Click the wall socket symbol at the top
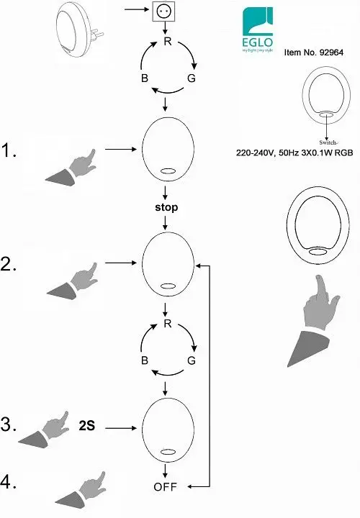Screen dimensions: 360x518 coord(163,12)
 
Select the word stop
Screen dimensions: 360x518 coord(166,207)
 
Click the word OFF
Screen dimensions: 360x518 coord(166,486)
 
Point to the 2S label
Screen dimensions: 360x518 coord(87,425)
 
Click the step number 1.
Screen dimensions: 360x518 coord(9,150)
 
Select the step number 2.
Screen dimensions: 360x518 coord(9,264)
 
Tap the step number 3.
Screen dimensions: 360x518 coord(9,424)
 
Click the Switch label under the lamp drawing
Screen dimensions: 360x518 coord(328,142)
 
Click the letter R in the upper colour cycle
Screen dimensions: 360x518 coord(168,42)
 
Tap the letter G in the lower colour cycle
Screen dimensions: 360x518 coord(192,360)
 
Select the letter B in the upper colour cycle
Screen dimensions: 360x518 coord(145,78)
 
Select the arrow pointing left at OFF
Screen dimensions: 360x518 coord(198,486)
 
